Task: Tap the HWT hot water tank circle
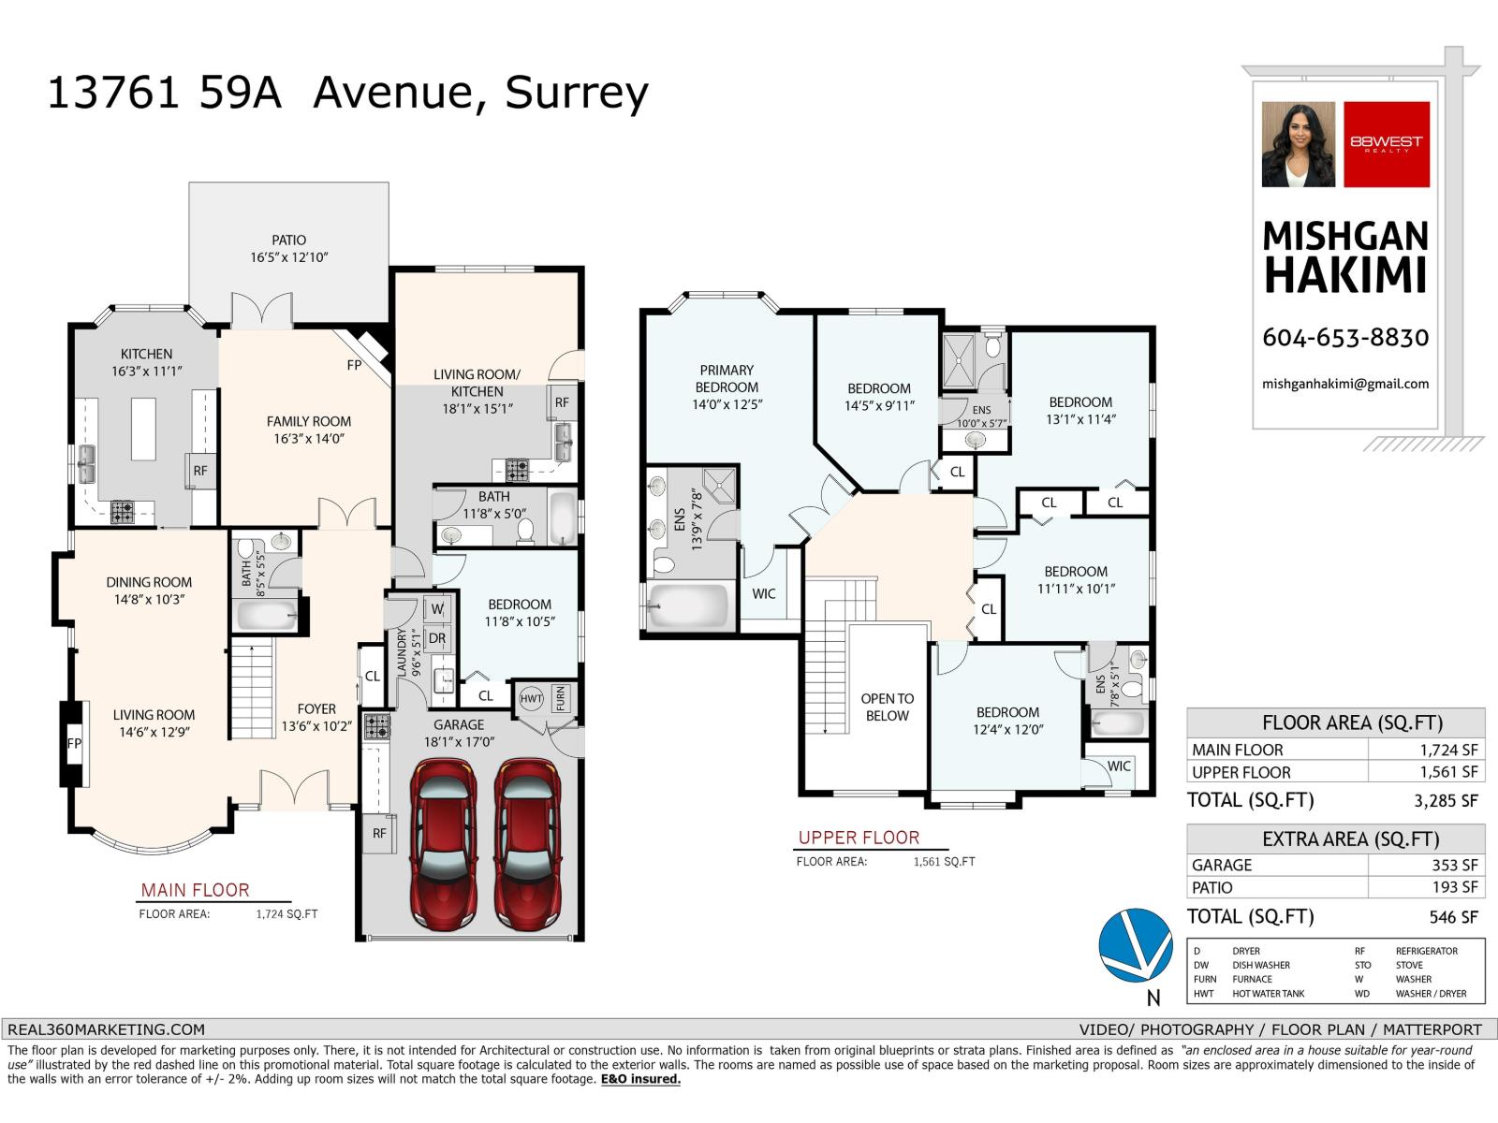[531, 699]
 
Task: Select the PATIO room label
[289, 241]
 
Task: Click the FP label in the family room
[354, 366]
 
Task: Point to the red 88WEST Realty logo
[1387, 144]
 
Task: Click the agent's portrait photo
[1298, 144]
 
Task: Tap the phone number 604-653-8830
[1345, 338]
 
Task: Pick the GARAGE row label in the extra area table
[1222, 866]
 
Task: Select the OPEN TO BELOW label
[887, 707]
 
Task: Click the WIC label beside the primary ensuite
[764, 594]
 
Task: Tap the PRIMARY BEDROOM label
[727, 378]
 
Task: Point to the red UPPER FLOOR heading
[859, 839]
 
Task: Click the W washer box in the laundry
[437, 609]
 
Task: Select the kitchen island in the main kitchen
[143, 429]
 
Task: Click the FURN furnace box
[560, 698]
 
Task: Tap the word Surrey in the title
[576, 93]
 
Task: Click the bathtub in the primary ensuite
[688, 607]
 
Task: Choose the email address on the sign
[1345, 384]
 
